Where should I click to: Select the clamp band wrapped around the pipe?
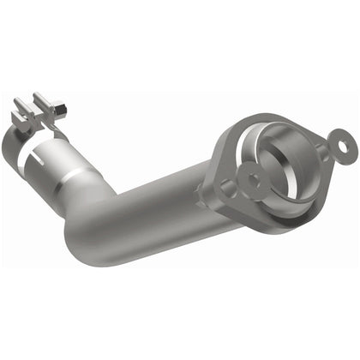(50, 135)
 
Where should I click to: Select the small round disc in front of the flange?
(256, 182)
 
